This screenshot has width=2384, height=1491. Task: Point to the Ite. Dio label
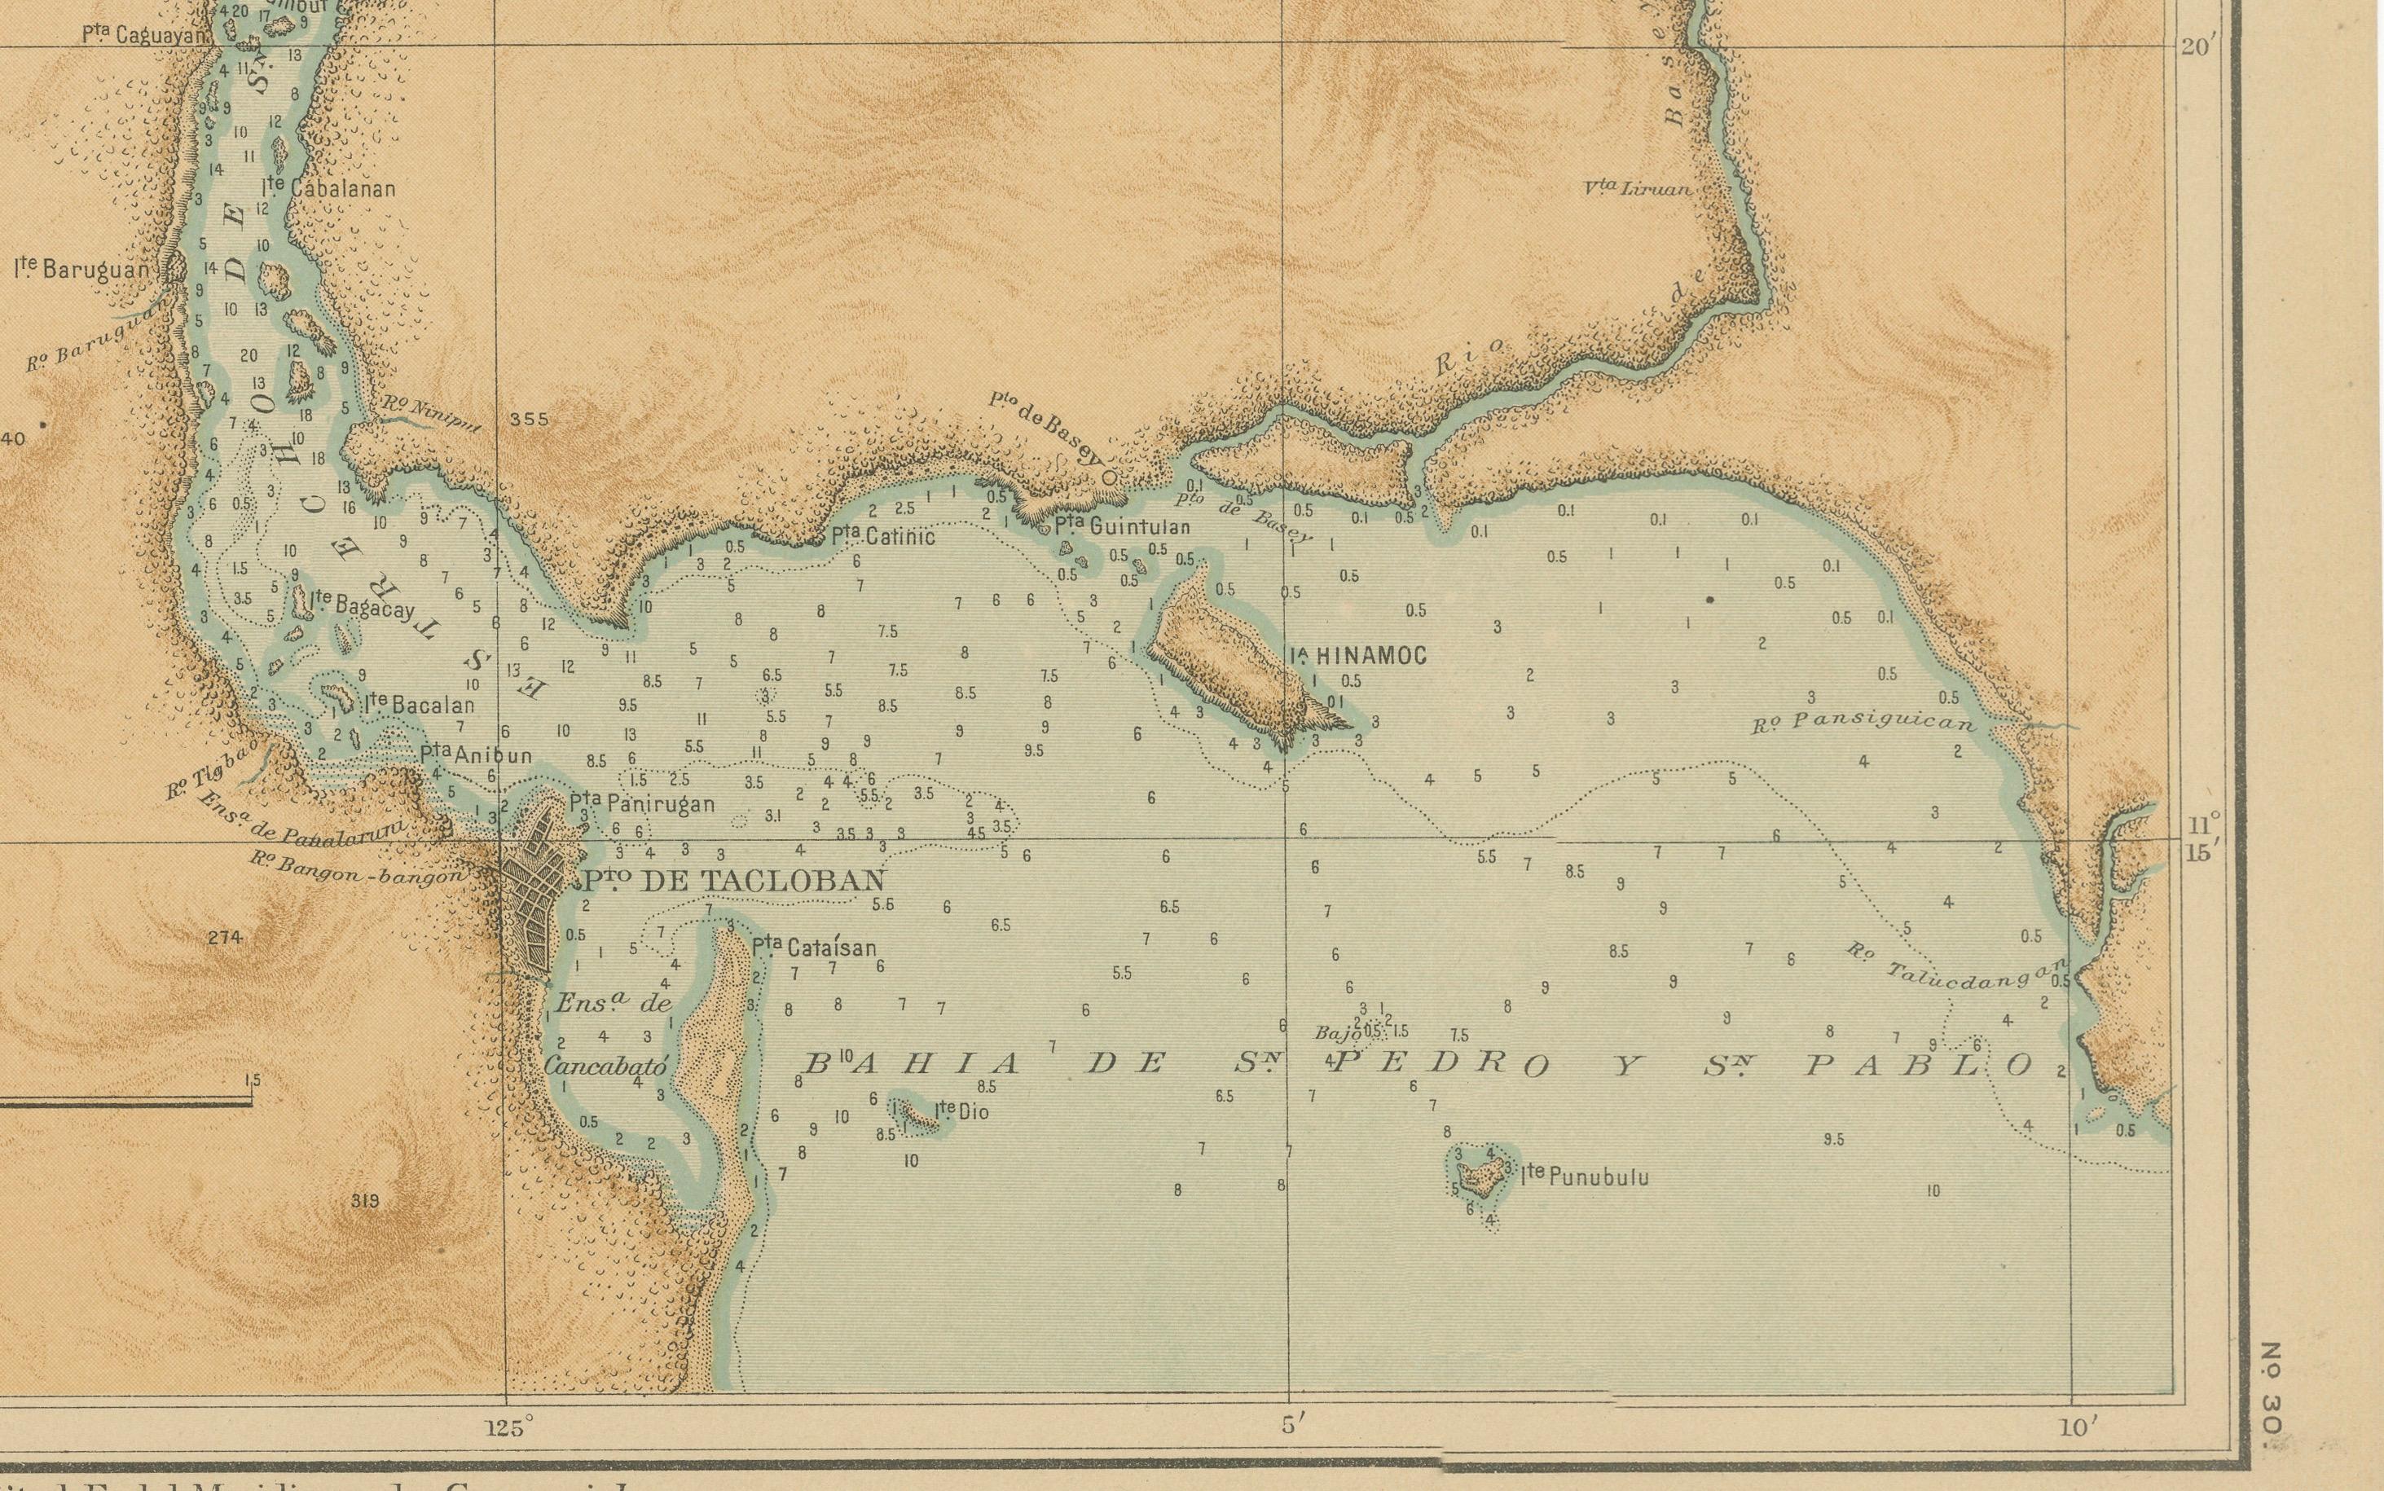(x=961, y=1111)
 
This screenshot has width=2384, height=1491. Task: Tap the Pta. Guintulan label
(x=1122, y=526)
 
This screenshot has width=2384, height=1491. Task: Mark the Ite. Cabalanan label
(x=329, y=187)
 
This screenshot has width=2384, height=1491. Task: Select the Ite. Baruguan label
(x=81, y=268)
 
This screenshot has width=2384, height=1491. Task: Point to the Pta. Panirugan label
(x=642, y=803)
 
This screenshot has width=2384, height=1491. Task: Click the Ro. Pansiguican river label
(x=1863, y=723)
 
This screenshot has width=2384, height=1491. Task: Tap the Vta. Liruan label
(x=1638, y=187)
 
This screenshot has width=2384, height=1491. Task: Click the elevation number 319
(x=365, y=1201)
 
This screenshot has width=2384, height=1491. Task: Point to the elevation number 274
(x=226, y=938)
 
